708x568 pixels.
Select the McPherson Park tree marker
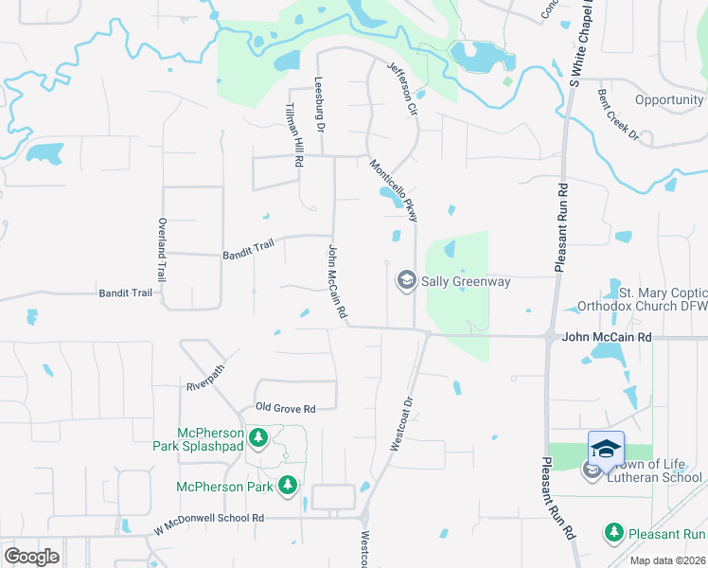288,487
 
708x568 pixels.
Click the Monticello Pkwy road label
394,190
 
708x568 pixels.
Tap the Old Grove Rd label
285,409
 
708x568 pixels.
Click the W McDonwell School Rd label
209,518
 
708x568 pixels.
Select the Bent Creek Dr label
618,117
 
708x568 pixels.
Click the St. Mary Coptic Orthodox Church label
663,299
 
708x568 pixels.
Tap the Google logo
31,557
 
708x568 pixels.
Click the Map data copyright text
666,560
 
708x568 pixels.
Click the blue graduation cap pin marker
606,448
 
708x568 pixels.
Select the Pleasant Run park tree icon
614,533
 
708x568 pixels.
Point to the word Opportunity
669,100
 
